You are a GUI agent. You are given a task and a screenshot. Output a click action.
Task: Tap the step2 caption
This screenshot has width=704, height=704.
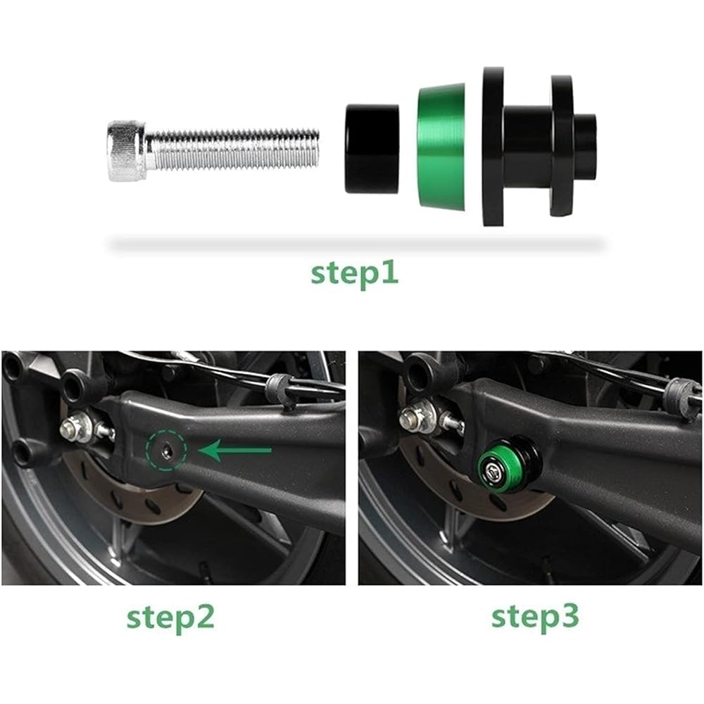pos(170,618)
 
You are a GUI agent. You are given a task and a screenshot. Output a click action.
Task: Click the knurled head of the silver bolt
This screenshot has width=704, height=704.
pos(127,151)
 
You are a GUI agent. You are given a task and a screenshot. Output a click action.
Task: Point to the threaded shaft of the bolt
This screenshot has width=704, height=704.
pos(232,151)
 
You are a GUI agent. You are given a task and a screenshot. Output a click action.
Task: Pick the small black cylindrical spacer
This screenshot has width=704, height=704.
pos(372,149)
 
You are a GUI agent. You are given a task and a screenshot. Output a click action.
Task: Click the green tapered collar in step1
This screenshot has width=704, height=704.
pos(442,147)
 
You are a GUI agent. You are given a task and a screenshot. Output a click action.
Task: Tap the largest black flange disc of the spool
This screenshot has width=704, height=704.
pos(493,146)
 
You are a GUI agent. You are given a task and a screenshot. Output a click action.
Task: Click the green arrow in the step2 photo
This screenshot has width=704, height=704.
pos(235,450)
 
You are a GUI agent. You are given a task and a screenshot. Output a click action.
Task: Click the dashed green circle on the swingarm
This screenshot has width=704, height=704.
pos(166,450)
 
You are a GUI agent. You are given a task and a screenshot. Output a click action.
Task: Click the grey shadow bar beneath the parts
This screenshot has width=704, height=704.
pos(357,245)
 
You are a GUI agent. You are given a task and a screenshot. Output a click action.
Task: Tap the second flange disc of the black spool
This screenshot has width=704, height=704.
pos(562,146)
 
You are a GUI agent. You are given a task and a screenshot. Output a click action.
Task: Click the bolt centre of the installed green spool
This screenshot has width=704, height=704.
pos(493,471)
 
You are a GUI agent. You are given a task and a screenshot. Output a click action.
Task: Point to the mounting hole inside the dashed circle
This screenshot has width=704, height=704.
pos(166,450)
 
